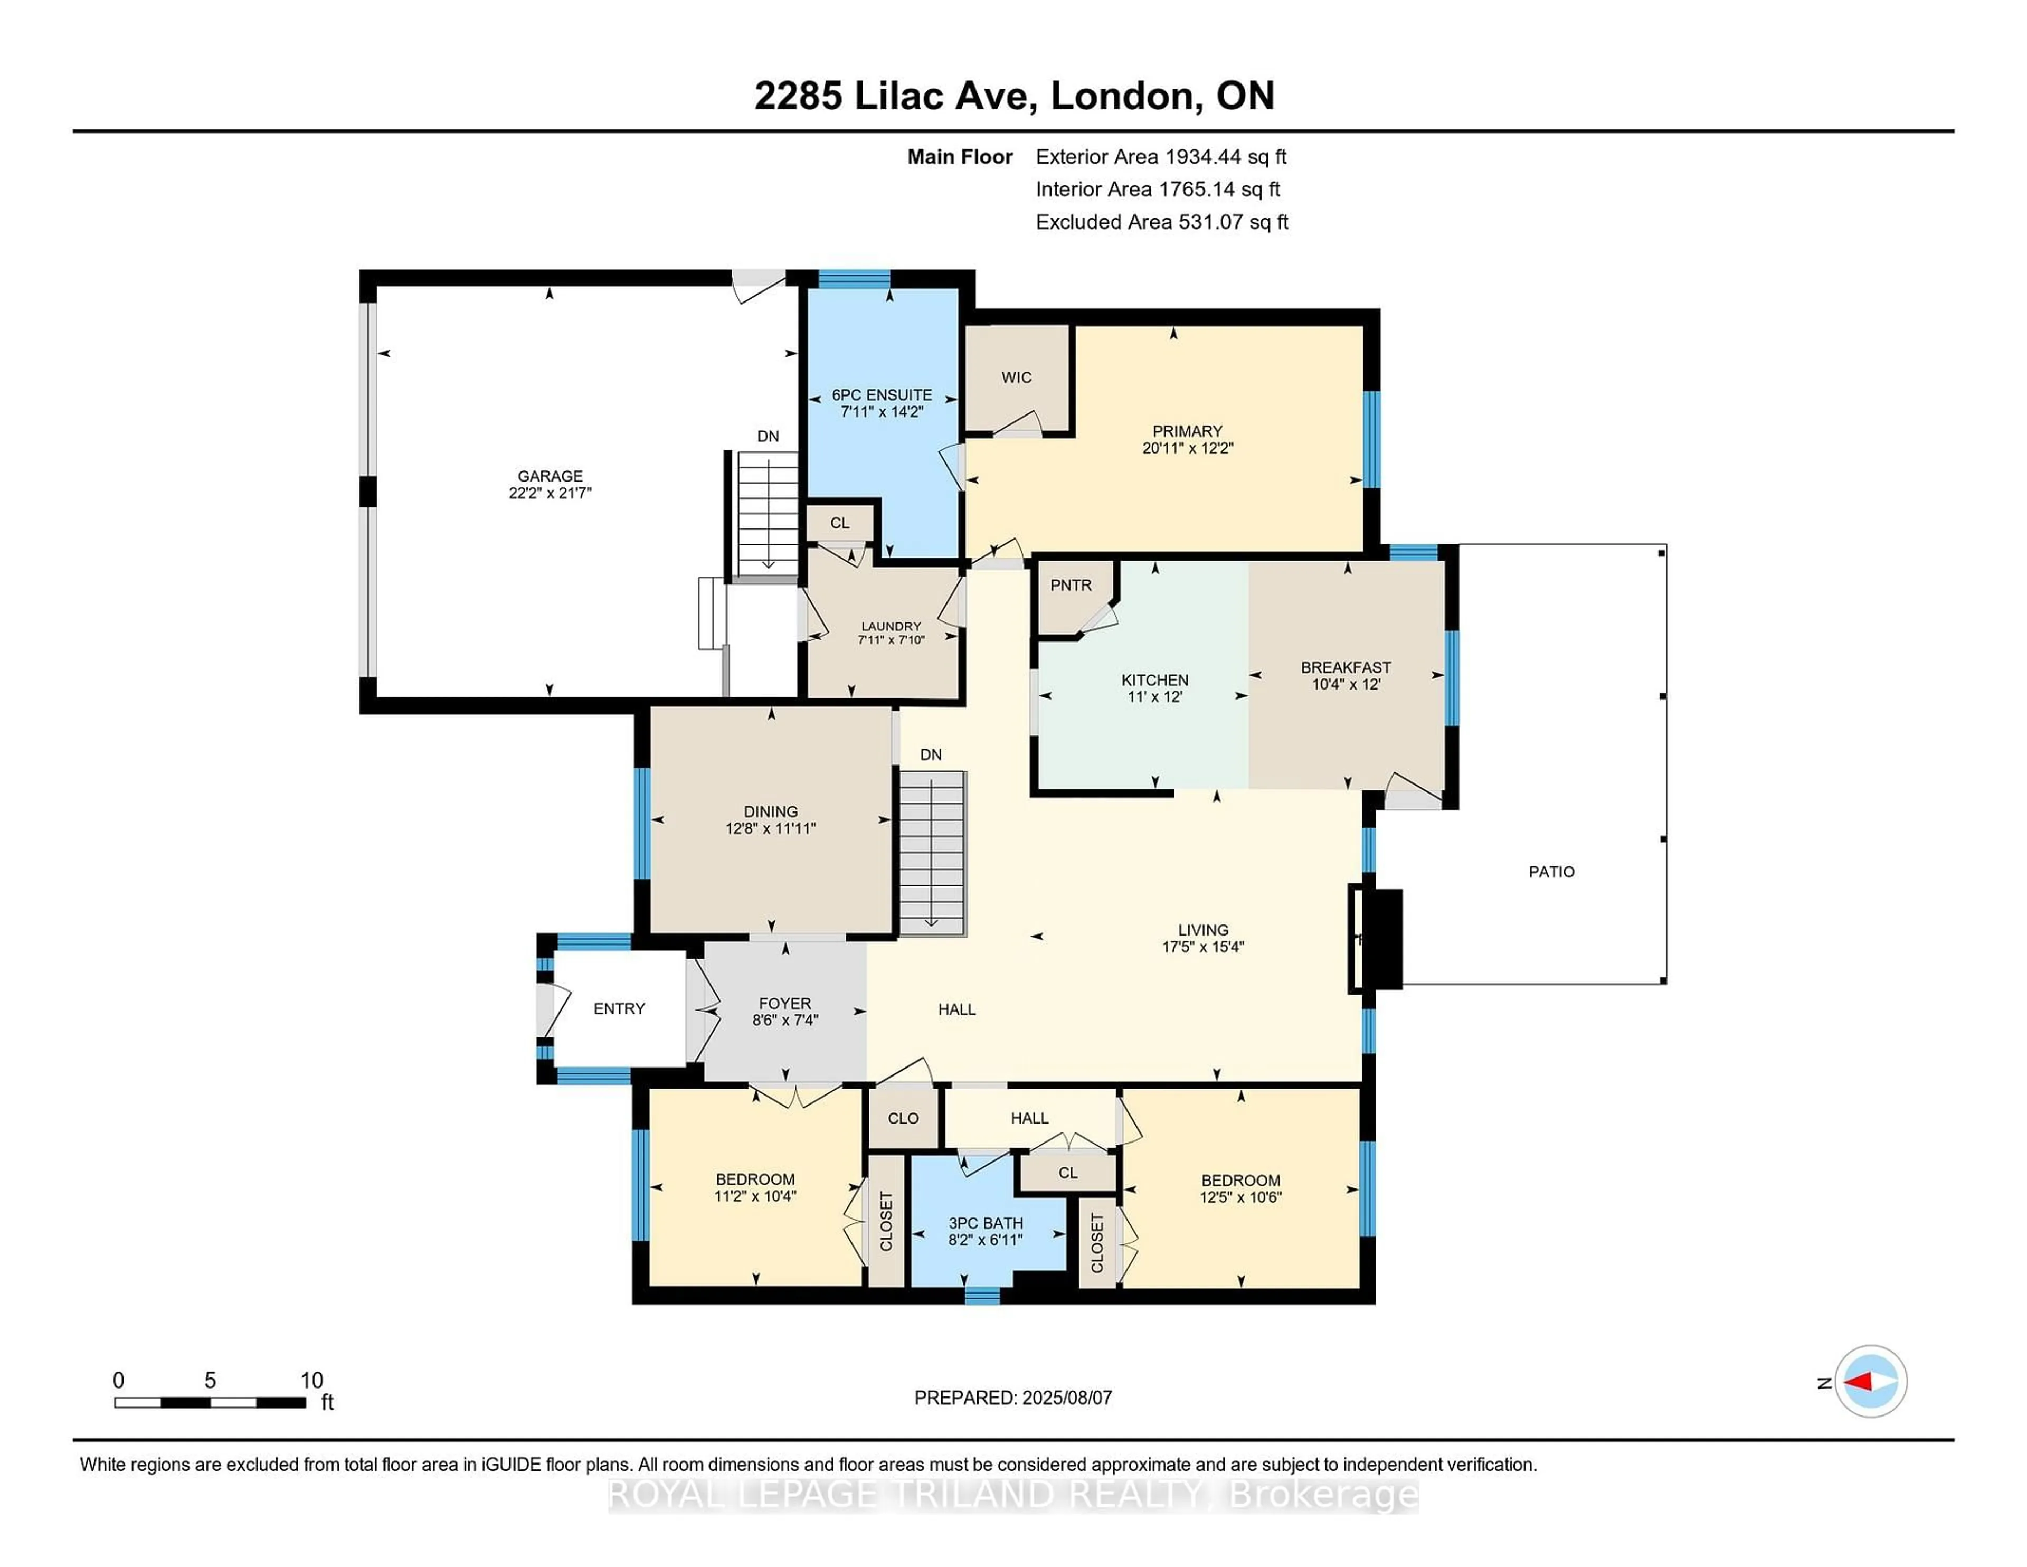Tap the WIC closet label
click(1016, 377)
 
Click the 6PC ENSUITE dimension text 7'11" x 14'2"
click(881, 411)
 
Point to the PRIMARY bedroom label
click(1187, 431)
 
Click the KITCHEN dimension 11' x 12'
click(1154, 696)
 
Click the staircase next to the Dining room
click(932, 854)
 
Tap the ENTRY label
click(619, 1008)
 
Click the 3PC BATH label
click(986, 1223)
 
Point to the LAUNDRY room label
click(890, 627)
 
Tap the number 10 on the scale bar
click(312, 1381)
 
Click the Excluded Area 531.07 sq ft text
click(1161, 222)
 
